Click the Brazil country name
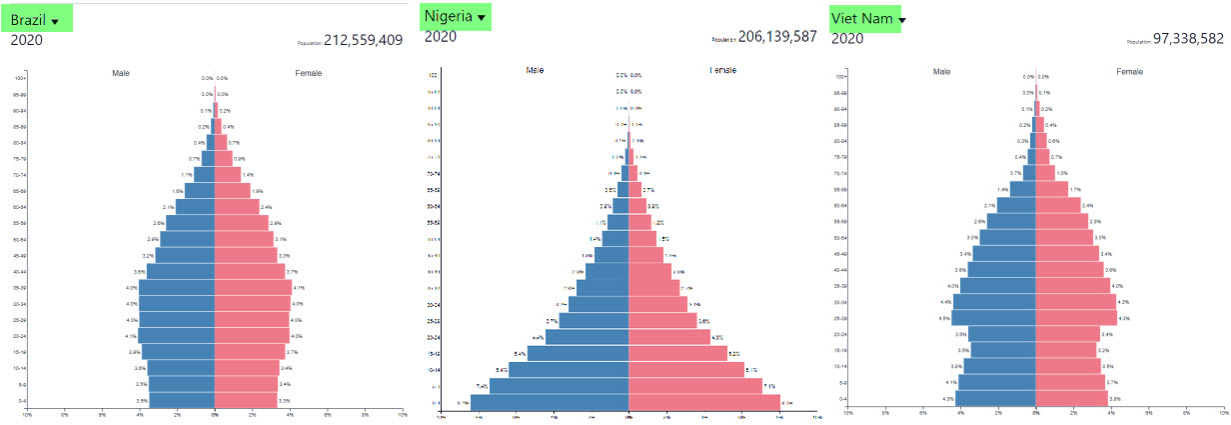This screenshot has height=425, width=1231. [27, 19]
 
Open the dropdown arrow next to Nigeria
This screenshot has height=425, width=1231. [482, 18]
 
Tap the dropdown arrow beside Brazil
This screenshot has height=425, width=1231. [55, 21]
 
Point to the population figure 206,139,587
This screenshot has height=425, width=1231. [777, 36]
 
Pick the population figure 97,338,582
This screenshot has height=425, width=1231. [1188, 38]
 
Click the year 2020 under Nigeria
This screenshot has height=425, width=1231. [440, 37]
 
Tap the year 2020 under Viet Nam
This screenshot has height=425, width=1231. [847, 38]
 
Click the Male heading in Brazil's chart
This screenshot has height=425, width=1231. [121, 73]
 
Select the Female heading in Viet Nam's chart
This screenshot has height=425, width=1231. [1130, 72]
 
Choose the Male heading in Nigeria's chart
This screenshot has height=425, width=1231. [536, 70]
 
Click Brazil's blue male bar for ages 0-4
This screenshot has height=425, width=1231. [182, 400]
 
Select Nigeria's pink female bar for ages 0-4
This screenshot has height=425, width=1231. [703, 403]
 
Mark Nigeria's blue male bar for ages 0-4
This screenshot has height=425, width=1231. [550, 403]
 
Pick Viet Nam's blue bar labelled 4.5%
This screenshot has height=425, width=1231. [993, 318]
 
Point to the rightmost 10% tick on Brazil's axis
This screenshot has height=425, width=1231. [402, 413]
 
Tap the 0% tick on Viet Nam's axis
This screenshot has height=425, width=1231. [1035, 411]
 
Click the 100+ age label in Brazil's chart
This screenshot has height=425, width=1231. [20, 78]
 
